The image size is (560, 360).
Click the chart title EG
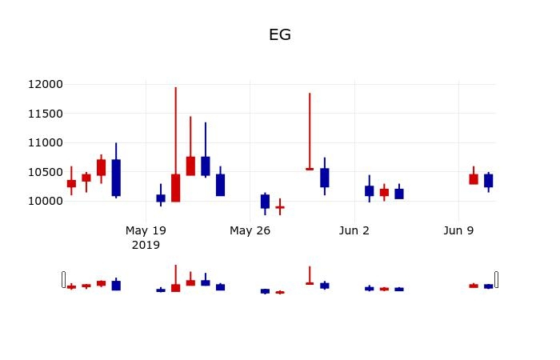(x=279, y=35)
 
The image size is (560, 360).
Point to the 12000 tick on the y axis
(x=46, y=85)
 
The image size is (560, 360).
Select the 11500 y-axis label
(x=46, y=114)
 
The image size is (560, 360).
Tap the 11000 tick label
(x=46, y=142)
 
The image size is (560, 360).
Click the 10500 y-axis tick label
(x=46, y=172)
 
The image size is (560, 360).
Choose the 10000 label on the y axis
(x=46, y=201)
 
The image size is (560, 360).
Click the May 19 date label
(x=146, y=231)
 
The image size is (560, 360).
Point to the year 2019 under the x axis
(x=146, y=245)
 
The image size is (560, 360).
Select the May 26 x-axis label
(x=250, y=231)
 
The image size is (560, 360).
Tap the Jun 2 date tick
(x=354, y=231)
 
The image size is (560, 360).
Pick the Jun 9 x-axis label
(x=458, y=231)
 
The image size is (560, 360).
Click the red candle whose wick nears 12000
(x=175, y=188)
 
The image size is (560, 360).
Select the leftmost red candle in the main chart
(x=71, y=183)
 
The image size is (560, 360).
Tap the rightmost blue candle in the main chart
(x=488, y=181)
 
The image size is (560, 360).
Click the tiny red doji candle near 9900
(x=279, y=207)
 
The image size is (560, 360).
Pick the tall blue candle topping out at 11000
(x=116, y=178)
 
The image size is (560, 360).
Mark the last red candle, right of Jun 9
(x=474, y=179)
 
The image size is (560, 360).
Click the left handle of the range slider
(x=63, y=279)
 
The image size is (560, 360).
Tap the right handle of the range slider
(x=497, y=279)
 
